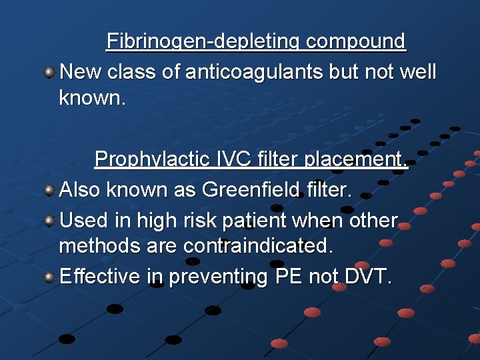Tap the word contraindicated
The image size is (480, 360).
[x=259, y=246]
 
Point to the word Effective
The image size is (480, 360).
[x=101, y=276]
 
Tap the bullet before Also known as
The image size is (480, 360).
[x=49, y=191]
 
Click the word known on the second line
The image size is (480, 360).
[x=90, y=98]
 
